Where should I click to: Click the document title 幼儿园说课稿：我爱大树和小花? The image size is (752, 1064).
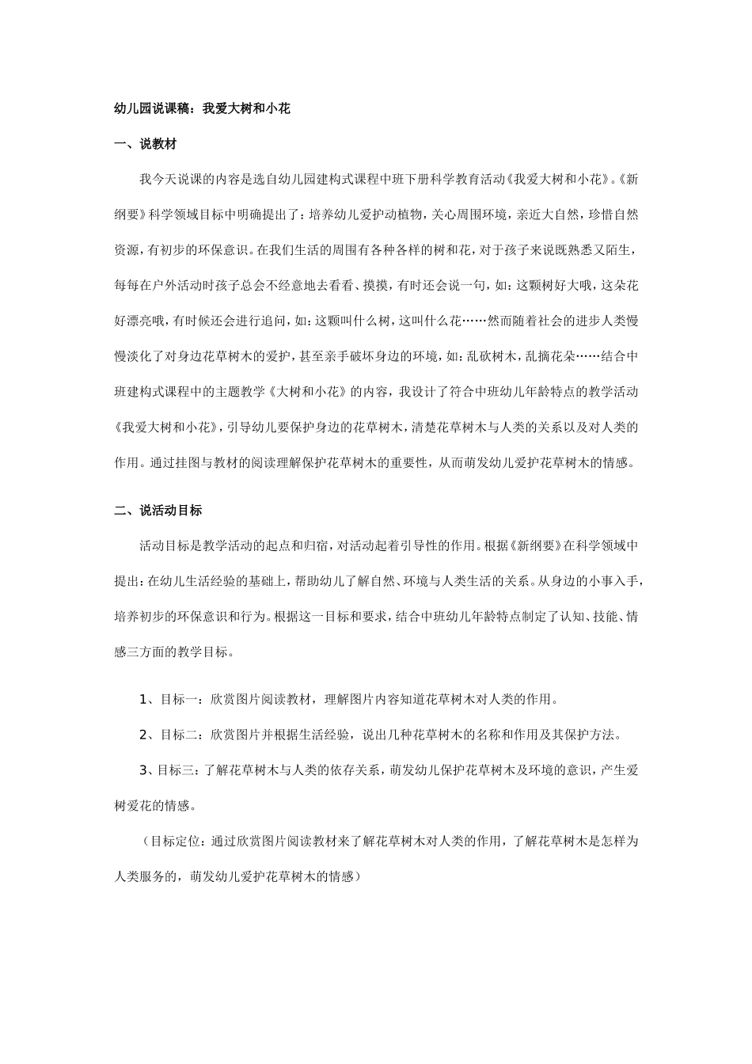(x=202, y=109)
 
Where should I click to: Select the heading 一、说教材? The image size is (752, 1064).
(x=145, y=144)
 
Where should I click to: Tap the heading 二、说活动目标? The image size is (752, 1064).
(x=158, y=511)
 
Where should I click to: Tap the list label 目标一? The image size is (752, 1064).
(x=177, y=699)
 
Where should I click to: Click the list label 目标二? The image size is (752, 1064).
(x=177, y=735)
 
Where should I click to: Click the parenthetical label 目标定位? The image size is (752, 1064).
(x=171, y=841)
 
